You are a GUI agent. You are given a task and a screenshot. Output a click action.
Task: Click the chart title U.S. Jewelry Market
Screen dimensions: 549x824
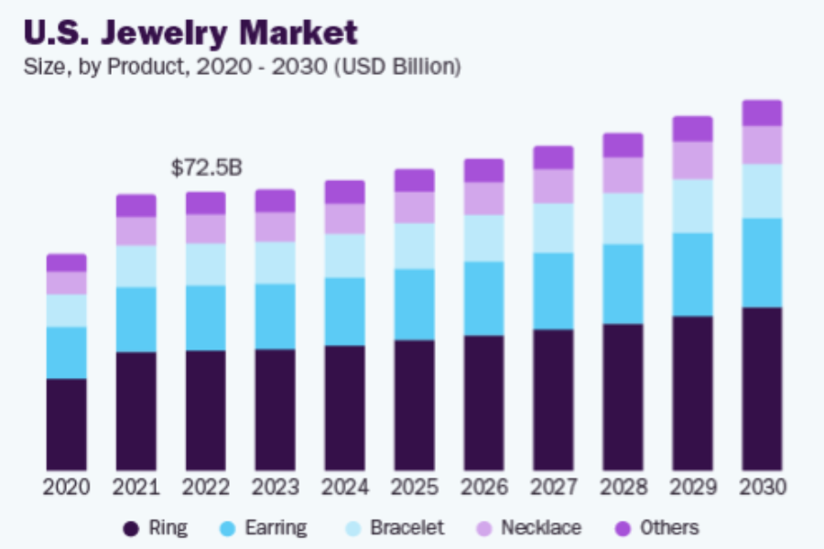190,32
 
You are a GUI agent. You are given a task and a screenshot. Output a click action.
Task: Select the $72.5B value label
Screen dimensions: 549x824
206,167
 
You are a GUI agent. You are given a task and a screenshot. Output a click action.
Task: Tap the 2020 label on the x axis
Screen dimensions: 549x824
67,487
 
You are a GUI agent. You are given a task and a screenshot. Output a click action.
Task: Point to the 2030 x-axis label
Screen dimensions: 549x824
762,487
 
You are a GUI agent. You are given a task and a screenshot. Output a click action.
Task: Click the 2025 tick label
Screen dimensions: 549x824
414,487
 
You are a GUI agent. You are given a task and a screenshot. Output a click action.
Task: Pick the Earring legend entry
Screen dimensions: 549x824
266,528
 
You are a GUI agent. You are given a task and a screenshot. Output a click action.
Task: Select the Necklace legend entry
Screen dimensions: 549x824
529,528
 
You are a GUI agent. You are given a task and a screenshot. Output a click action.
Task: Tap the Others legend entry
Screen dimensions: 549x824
657,528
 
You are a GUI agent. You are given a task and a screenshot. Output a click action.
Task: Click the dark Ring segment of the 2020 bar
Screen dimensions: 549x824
67,425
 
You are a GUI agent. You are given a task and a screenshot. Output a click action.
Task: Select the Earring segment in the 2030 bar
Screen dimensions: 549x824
762,263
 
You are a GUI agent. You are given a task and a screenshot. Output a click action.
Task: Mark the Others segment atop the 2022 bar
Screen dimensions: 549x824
206,203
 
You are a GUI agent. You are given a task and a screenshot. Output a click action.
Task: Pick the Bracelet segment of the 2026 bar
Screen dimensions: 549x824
483,238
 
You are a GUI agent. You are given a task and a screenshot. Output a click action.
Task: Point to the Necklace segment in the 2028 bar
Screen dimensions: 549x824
623,175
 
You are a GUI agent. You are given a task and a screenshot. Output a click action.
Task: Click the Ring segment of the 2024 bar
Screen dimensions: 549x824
344,408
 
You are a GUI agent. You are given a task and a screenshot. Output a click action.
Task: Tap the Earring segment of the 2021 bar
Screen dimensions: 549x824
136,319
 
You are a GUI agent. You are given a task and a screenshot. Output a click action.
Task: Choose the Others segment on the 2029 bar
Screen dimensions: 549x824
692,129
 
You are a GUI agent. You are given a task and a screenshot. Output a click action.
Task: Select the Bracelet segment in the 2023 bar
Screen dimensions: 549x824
276,263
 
